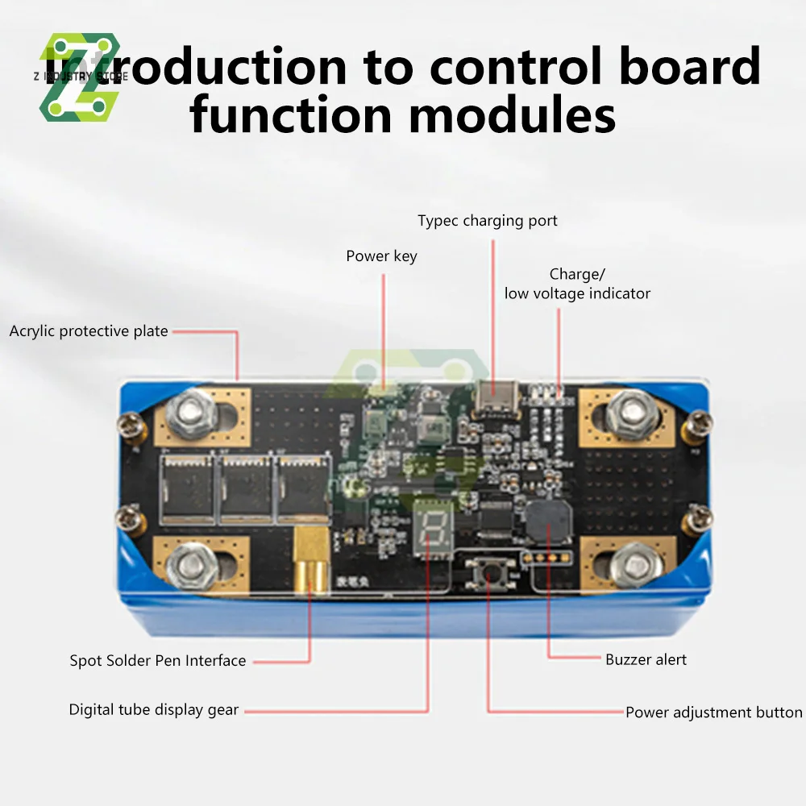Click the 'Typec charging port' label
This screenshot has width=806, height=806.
tap(487, 221)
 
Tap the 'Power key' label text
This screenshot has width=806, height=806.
tap(381, 256)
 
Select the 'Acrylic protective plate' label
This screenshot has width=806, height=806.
tap(89, 331)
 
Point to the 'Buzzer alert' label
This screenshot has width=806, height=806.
tap(646, 659)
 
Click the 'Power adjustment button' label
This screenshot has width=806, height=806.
tap(713, 713)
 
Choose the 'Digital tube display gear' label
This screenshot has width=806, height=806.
tap(154, 710)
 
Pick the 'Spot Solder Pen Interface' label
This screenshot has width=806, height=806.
tap(158, 661)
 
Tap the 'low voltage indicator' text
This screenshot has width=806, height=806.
tap(577, 293)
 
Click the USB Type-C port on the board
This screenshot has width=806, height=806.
tap(495, 395)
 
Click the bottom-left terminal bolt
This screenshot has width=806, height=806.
tap(191, 564)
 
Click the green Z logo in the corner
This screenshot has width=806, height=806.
tap(81, 77)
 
